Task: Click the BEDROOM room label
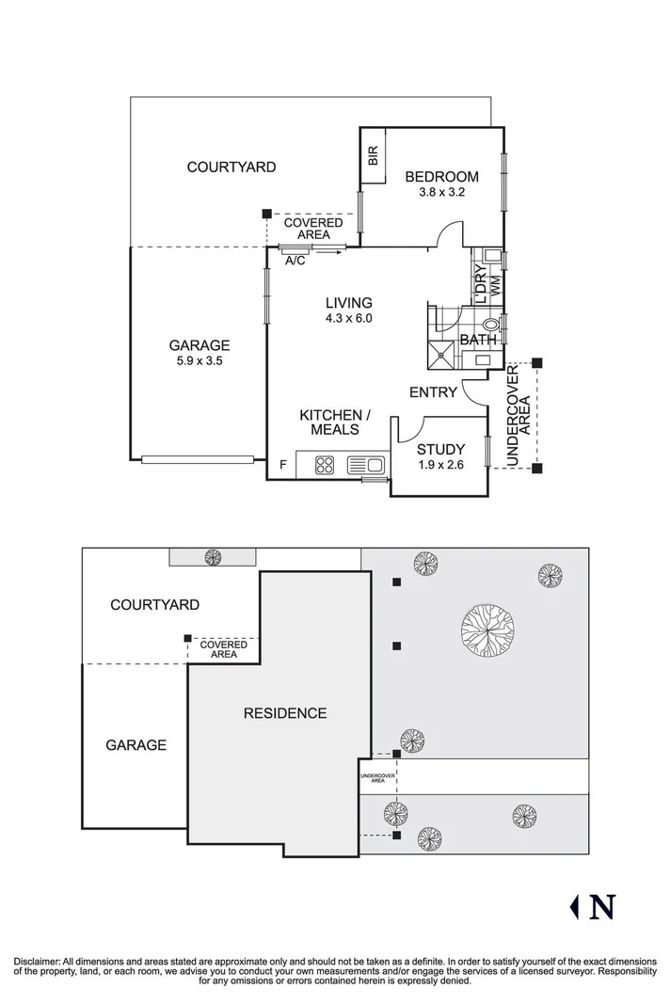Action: pos(441,176)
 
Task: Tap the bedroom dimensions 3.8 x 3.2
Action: pos(441,192)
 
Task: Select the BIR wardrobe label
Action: pos(373,157)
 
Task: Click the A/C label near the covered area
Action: pos(295,261)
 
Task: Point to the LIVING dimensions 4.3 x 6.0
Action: pos(348,318)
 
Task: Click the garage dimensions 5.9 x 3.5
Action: pos(199,360)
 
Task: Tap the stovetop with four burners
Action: pos(326,464)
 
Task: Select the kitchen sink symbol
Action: pos(365,464)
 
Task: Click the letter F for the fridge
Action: pos(282,465)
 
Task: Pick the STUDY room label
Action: pos(440,449)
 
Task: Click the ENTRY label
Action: pos(433,392)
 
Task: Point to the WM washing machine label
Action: pos(495,284)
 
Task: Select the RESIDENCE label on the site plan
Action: pos(285,713)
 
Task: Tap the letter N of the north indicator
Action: pos(602,906)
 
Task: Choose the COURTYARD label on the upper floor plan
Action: pos(231,167)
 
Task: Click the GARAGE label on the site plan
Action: pos(136,744)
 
